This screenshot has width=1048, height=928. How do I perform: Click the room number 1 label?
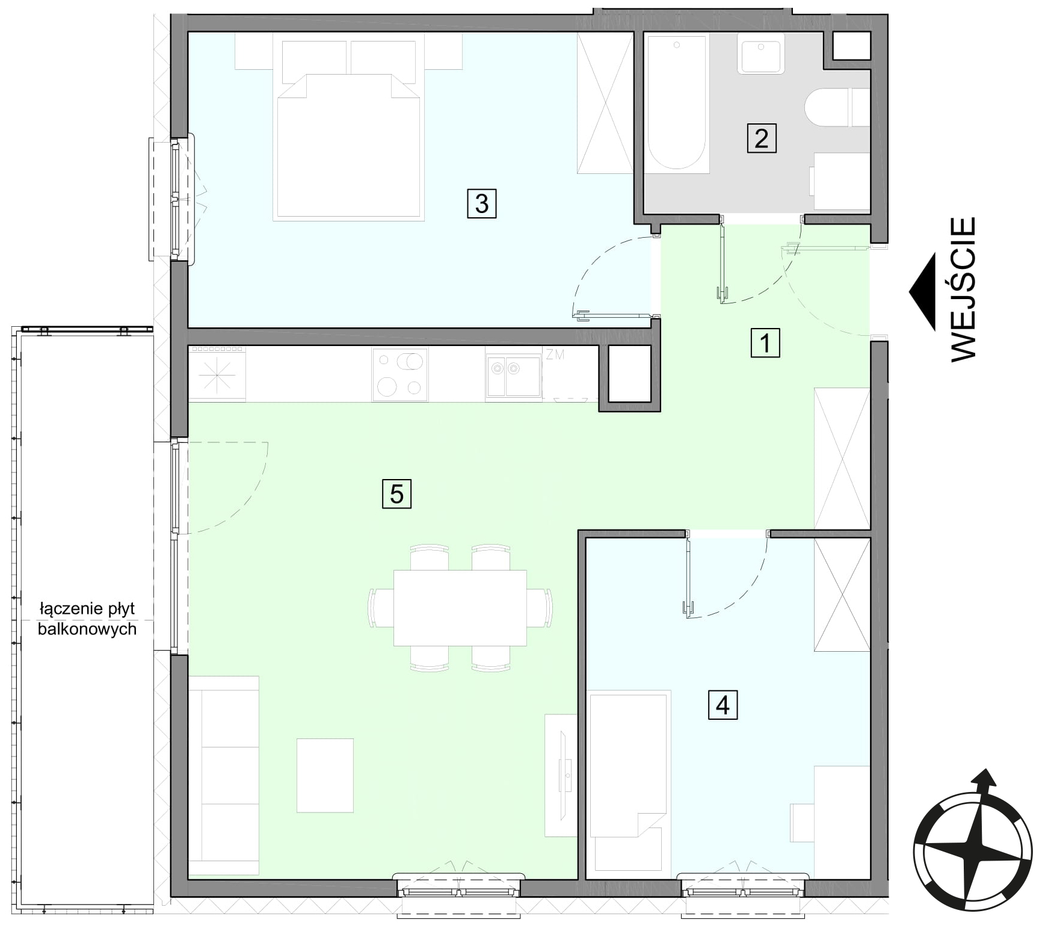765,343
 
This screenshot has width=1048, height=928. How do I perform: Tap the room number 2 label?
761,138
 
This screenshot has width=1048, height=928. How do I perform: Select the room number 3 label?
481,203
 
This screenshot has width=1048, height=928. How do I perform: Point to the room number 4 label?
723,705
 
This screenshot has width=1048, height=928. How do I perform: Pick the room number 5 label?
396,494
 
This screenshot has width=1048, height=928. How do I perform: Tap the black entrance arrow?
923,292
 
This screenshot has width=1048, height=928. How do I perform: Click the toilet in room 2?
837,108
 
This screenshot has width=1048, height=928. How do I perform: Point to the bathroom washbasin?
761,53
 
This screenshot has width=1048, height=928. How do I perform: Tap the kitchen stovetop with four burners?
400,374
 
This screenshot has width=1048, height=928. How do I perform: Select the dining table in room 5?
460,607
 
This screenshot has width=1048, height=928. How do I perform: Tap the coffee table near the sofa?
325,775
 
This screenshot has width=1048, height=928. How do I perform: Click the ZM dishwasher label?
555,354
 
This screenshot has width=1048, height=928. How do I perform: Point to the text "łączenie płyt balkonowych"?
87,619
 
